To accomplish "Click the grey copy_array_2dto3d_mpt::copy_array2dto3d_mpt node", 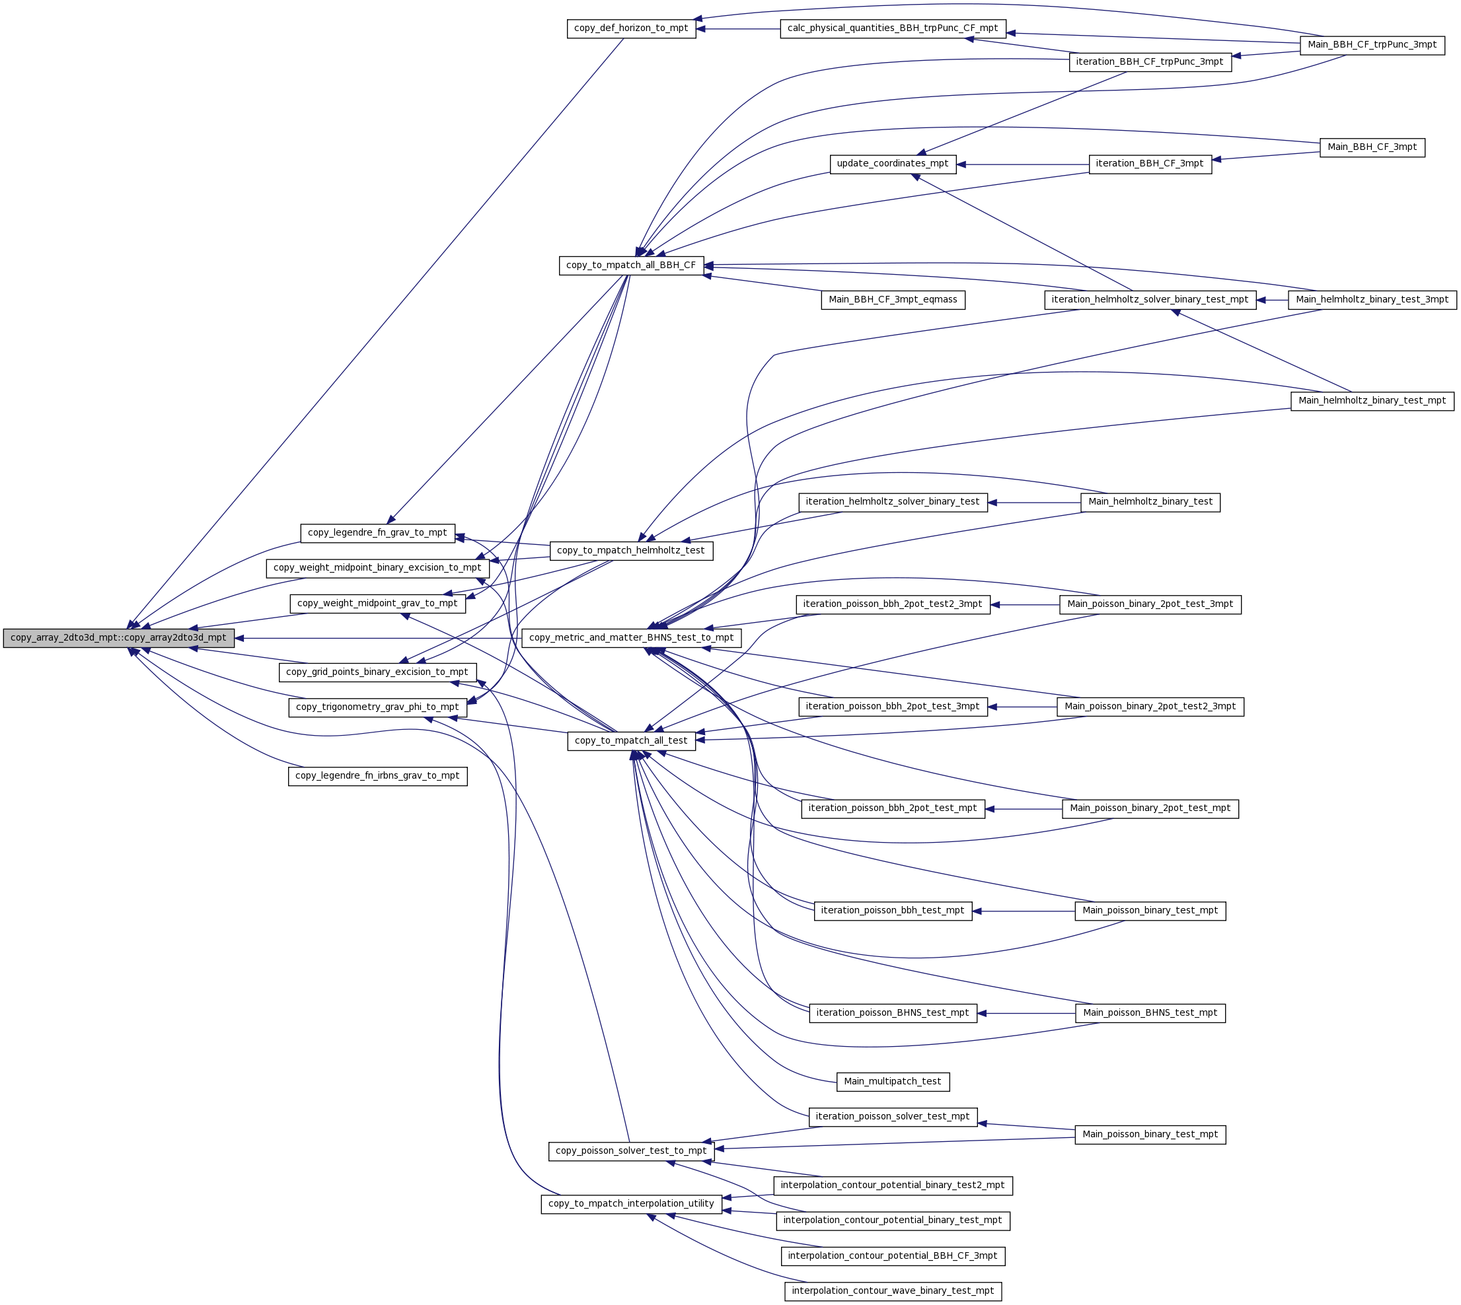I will coord(118,637).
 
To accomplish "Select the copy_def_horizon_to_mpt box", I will coord(630,28).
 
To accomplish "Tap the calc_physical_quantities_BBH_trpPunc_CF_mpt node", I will coord(892,28).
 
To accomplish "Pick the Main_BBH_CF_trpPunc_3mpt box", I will coord(1371,45).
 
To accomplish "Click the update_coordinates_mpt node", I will coord(892,164).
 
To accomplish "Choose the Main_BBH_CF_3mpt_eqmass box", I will coord(892,300).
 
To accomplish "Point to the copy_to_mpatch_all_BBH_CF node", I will coord(630,265).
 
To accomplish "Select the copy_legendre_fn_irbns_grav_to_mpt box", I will coord(377,776).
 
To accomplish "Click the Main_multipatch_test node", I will coord(892,1082).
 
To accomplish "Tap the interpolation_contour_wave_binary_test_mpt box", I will coord(892,1291).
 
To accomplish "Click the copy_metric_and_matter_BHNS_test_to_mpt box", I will coord(630,637).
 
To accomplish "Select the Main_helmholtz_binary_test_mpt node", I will coord(1371,401).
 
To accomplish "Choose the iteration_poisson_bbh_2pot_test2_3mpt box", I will coord(892,604).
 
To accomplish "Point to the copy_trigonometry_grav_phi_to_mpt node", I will coord(377,707).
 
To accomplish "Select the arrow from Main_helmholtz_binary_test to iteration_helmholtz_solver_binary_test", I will coord(1033,503).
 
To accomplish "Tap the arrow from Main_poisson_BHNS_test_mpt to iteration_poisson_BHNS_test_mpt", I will coord(1026,1013).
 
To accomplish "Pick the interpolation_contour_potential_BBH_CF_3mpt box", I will coord(892,1256).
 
